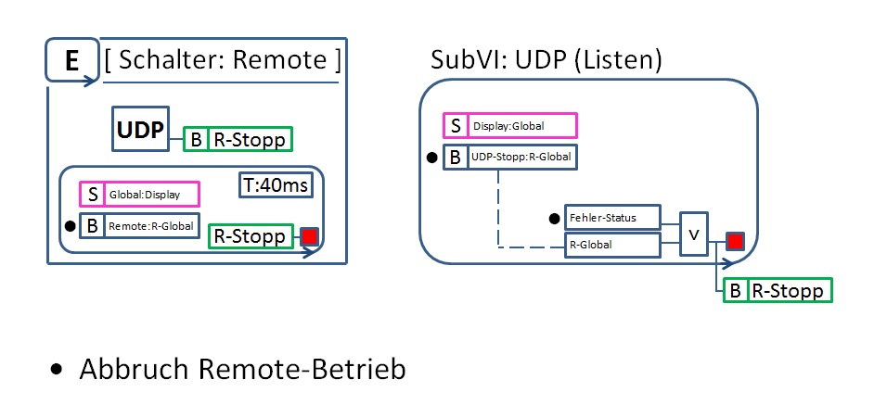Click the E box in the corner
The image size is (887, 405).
point(70,61)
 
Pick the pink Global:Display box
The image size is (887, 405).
point(138,195)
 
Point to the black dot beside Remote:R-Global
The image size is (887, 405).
point(69,224)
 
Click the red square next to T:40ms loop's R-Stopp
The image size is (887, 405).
point(309,236)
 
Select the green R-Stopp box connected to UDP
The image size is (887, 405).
point(238,139)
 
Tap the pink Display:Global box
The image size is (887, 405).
point(509,125)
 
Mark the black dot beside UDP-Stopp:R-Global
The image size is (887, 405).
point(432,158)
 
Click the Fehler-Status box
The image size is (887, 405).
point(612,219)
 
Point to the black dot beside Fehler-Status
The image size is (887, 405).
point(554,219)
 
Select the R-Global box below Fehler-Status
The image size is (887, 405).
point(612,245)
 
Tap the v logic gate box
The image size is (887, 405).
point(694,233)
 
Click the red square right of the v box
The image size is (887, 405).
point(735,243)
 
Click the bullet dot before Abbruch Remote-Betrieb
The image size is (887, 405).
point(58,369)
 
